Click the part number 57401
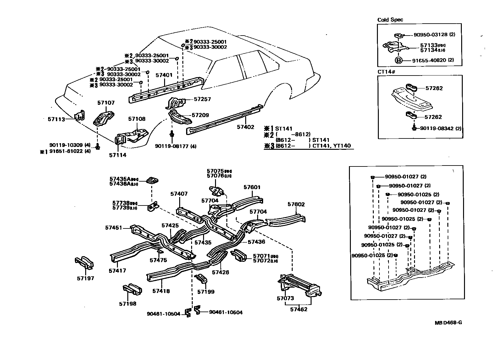(164, 75)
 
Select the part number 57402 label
(245, 127)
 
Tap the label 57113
(56, 119)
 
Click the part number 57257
(202, 99)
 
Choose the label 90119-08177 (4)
(176, 146)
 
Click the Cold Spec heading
(390, 20)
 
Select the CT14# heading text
(386, 71)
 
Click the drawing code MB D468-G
(448, 323)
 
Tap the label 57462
(298, 309)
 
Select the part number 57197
(85, 278)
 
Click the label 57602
(296, 204)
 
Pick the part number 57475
(158, 260)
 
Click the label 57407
(179, 194)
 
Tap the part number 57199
(206, 292)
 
